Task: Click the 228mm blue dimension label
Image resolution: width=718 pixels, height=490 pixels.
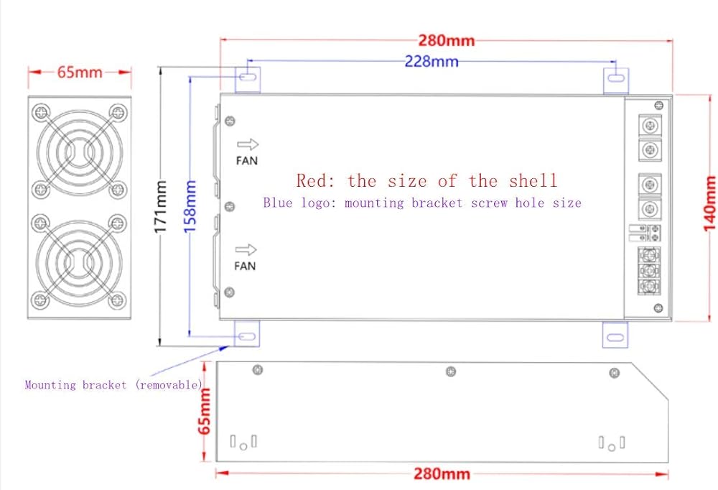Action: point(431,61)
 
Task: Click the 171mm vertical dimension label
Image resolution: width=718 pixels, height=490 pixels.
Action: point(162,206)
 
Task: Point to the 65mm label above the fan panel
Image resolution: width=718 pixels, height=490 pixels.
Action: point(79,72)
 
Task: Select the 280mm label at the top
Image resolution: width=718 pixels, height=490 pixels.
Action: point(446,40)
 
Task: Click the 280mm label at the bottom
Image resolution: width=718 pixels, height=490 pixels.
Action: point(442,474)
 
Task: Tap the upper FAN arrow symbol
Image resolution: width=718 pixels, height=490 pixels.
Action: point(247,144)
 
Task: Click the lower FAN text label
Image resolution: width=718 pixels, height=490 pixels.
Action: point(246,267)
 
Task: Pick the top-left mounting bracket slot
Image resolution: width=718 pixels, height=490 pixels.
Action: point(247,76)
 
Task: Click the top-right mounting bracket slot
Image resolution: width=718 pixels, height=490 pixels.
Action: point(616,77)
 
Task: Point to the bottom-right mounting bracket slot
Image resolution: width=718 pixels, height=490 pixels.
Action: point(616,336)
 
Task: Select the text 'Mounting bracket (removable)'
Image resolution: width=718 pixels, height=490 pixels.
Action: point(114,385)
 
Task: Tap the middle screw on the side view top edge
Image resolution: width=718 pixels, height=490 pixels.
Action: point(450,371)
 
